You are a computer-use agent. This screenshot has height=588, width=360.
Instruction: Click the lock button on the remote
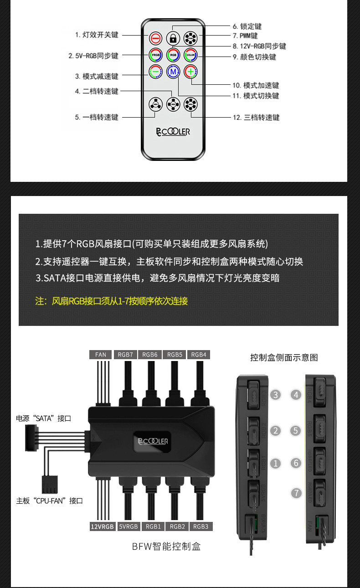[173, 38]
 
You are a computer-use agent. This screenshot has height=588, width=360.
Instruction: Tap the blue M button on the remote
[173, 72]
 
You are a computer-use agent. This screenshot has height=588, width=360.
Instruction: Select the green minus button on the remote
[155, 72]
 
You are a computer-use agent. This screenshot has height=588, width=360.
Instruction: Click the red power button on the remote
[155, 38]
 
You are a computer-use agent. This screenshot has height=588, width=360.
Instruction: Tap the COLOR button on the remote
[190, 55]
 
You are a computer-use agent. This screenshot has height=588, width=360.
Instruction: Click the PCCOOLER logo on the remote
[173, 132]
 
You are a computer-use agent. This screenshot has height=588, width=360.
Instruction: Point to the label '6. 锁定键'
[247, 26]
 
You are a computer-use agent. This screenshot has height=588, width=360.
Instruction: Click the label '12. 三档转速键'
[256, 118]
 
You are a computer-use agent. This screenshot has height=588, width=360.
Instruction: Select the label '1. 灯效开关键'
[97, 35]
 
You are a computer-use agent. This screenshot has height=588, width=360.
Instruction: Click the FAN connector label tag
[101, 355]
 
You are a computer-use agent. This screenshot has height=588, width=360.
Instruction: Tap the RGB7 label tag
[125, 355]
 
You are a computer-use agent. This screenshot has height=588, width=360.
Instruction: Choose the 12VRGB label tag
[102, 526]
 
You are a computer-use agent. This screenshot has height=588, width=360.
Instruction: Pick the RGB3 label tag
[201, 526]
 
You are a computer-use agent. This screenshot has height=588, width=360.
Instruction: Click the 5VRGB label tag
[129, 526]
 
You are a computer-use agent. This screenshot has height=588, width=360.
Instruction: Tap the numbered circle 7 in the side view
[297, 493]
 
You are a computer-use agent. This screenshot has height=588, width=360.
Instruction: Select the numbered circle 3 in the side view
[275, 395]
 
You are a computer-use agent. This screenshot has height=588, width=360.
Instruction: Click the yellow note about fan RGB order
[111, 301]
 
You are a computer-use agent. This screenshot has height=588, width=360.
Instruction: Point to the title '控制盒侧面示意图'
[284, 357]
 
